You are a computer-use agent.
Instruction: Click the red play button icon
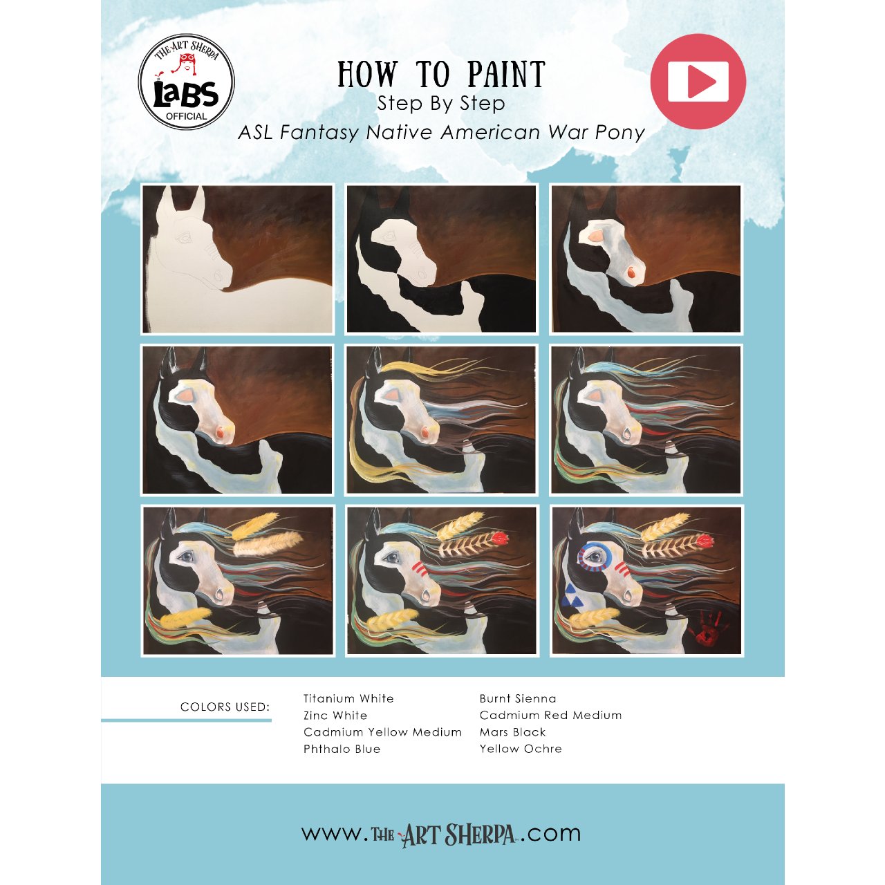pyautogui.click(x=698, y=82)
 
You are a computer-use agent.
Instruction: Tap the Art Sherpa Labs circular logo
pyautogui.click(x=187, y=82)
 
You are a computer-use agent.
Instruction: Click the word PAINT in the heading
pyautogui.click(x=506, y=75)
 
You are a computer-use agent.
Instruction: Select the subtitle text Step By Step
pyautogui.click(x=441, y=104)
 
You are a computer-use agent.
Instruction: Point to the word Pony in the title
pyautogui.click(x=620, y=133)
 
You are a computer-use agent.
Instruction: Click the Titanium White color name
pyautogui.click(x=348, y=698)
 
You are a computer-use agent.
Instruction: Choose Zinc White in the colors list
pyautogui.click(x=335, y=716)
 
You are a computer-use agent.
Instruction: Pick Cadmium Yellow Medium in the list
pyautogui.click(x=382, y=732)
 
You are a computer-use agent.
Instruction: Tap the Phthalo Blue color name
pyautogui.click(x=342, y=749)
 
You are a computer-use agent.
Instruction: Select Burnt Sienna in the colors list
pyautogui.click(x=518, y=698)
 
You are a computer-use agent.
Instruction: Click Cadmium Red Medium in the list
pyautogui.click(x=550, y=715)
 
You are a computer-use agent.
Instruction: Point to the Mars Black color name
pyautogui.click(x=512, y=732)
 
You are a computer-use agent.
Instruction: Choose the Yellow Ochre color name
pyautogui.click(x=521, y=749)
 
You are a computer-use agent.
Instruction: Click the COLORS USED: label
pyautogui.click(x=225, y=707)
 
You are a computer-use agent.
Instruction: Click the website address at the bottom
pyautogui.click(x=441, y=832)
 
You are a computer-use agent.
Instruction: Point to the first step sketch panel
pyautogui.click(x=237, y=259)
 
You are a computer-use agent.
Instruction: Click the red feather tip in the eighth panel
pyautogui.click(x=500, y=538)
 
